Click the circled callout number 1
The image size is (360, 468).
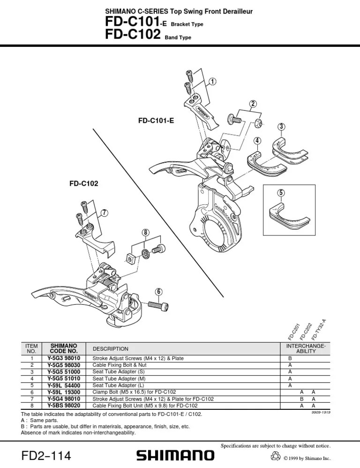213,82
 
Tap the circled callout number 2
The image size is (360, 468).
253,104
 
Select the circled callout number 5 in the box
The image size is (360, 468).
281,193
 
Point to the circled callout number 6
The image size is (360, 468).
159,291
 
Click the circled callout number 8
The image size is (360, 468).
146,232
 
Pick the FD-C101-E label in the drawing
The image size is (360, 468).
156,121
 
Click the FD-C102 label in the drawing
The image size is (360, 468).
84,184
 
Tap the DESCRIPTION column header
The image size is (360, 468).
110,349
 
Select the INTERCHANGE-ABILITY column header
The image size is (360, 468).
306,348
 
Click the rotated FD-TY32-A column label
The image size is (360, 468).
319,330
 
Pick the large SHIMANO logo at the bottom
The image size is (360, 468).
175,455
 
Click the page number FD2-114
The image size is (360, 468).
46,455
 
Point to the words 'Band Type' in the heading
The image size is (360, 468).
178,38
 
